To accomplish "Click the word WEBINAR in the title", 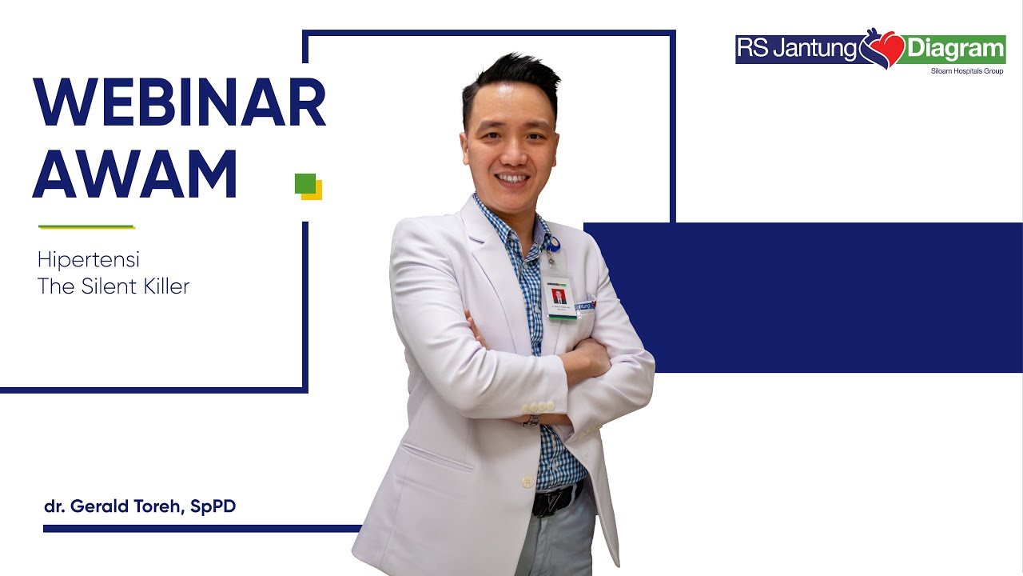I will [x=179, y=104].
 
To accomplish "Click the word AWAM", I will [x=135, y=174].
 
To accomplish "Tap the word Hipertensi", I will [x=89, y=260].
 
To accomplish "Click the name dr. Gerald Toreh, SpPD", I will [x=140, y=506].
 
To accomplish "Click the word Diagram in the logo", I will [x=955, y=49].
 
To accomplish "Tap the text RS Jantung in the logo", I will [x=796, y=49].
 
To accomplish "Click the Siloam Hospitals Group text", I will [x=967, y=71].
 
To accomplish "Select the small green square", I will [x=305, y=183].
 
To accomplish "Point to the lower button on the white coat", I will [x=527, y=482].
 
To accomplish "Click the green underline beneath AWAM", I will [x=86, y=226].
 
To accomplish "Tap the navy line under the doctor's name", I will [x=200, y=528].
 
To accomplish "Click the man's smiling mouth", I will [x=511, y=178].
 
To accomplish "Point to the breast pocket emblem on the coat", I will [x=585, y=305].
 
